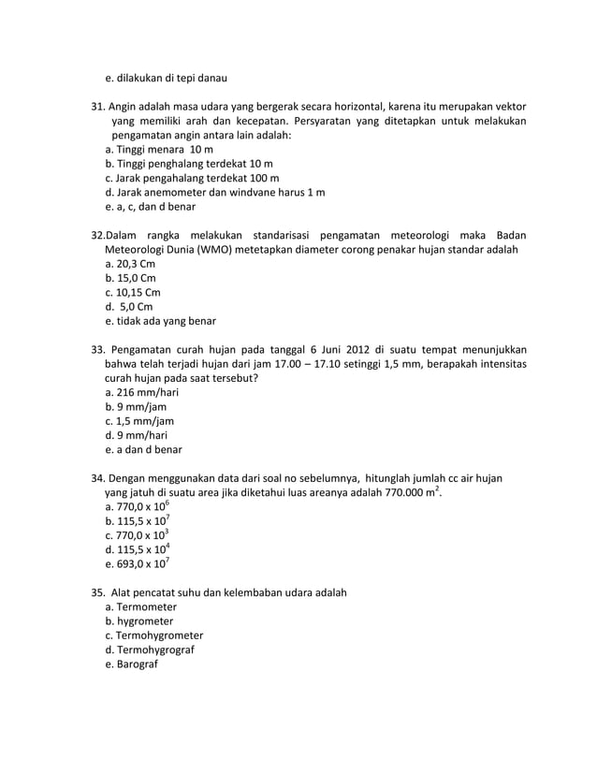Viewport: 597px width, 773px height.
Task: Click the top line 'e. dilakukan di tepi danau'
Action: pyautogui.click(x=167, y=77)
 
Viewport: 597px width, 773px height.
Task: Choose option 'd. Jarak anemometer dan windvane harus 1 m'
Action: pyautogui.click(x=215, y=192)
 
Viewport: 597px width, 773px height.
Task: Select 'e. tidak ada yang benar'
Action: pyautogui.click(x=161, y=320)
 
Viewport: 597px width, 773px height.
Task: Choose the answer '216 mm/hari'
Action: pyautogui.click(x=148, y=392)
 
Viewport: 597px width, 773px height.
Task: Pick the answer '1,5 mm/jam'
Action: pyautogui.click(x=145, y=421)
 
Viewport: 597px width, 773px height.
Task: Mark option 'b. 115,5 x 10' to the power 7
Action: pyautogui.click(x=138, y=521)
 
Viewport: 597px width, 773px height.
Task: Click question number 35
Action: pyautogui.click(x=97, y=593)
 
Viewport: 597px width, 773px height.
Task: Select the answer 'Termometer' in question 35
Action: pyautogui.click(x=146, y=607)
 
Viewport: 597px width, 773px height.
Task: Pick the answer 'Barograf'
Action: pyautogui.click(x=138, y=664)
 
